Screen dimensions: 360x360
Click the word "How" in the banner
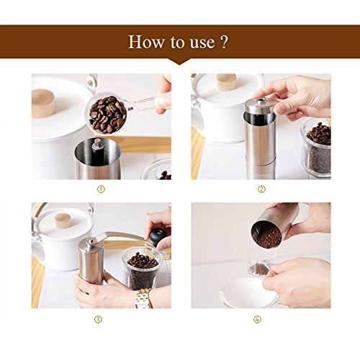[x=146, y=42]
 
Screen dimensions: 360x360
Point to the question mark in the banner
[x=223, y=42]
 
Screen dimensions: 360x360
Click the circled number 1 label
[x=101, y=189]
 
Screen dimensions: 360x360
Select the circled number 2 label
[x=261, y=189]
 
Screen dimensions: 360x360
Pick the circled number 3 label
[x=98, y=320]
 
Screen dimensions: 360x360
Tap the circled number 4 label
[x=258, y=320]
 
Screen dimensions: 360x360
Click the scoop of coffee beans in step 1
[x=107, y=114]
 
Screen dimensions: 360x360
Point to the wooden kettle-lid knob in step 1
[x=43, y=103]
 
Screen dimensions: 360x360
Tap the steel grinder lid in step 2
[x=260, y=105]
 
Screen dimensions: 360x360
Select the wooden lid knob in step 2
[x=226, y=81]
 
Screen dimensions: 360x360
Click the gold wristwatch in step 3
[x=143, y=298]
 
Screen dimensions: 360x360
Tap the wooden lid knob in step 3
[x=63, y=220]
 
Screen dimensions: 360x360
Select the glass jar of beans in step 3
[x=142, y=269]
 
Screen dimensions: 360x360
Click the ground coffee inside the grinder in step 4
[x=269, y=237]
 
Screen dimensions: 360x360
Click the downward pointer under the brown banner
[x=180, y=62]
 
